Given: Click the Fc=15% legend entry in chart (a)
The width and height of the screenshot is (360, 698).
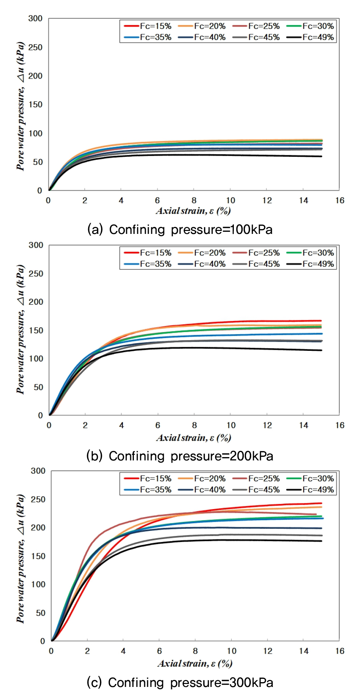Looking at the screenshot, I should [x=148, y=26].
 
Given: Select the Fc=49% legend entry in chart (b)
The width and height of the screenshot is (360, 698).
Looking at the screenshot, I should [x=311, y=264].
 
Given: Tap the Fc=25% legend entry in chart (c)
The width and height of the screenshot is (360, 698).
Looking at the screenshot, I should [x=256, y=479].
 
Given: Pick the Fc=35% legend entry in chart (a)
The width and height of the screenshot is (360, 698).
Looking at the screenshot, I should [x=148, y=37].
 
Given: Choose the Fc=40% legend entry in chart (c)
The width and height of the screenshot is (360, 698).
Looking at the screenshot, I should [x=202, y=490].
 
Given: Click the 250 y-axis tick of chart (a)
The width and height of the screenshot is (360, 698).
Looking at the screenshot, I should [x=35, y=47].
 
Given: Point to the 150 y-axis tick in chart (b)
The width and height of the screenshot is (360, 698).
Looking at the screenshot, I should [x=36, y=331].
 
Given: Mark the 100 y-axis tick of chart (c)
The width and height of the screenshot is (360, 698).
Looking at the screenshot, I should [x=38, y=584].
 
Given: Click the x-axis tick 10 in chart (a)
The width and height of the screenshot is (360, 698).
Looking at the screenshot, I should [x=231, y=200].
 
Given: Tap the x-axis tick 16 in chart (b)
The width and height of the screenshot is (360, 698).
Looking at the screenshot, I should [x=340, y=425].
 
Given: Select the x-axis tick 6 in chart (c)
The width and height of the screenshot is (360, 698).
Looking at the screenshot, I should [x=159, y=651].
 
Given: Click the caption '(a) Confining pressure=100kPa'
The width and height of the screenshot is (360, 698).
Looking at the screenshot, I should [x=180, y=229].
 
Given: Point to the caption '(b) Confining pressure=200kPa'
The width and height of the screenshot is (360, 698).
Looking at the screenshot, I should [x=180, y=456].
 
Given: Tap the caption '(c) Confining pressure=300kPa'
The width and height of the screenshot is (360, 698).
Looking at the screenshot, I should [x=180, y=683].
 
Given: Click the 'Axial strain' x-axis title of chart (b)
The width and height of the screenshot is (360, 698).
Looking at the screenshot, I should [x=194, y=438].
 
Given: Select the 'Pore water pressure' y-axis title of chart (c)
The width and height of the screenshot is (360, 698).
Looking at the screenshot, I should [x=21, y=559].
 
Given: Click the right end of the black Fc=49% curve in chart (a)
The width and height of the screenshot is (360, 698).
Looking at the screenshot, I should [x=321, y=156].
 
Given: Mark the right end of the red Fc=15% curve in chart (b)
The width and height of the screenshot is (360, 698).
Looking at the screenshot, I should [x=321, y=321].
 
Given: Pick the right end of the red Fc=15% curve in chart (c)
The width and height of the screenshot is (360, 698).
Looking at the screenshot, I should [x=321, y=503].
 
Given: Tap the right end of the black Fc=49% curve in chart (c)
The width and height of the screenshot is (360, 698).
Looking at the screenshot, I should [x=321, y=541].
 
